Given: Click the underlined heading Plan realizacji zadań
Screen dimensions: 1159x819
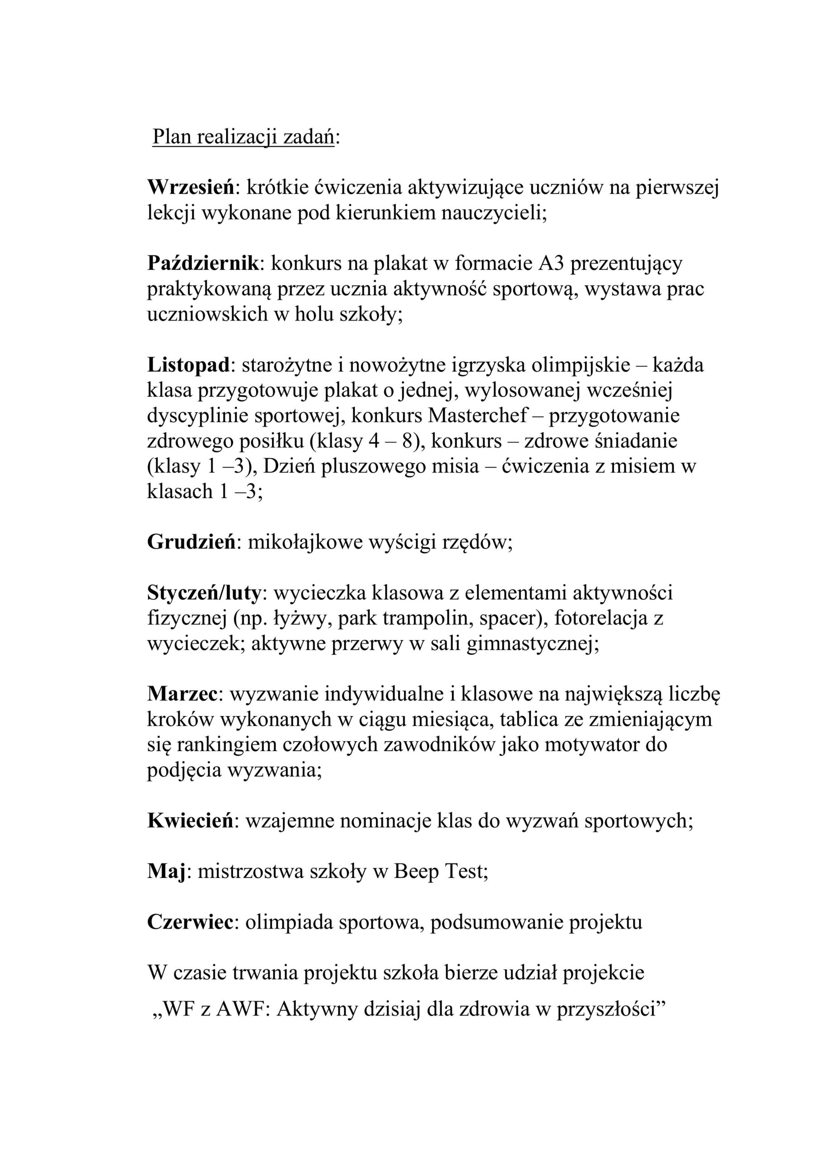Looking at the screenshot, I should coord(243,137).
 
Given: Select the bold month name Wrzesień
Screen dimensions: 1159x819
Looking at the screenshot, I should coord(191,188).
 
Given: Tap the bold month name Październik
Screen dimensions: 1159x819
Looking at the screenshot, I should coord(203,263).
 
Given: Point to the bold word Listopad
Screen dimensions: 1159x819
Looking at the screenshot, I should coord(188,365).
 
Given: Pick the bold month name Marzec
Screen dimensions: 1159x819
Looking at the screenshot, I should coord(181,694).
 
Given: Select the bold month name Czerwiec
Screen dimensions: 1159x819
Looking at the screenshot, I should coord(190,922).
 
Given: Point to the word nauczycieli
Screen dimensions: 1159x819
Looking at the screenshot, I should coord(494,213).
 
